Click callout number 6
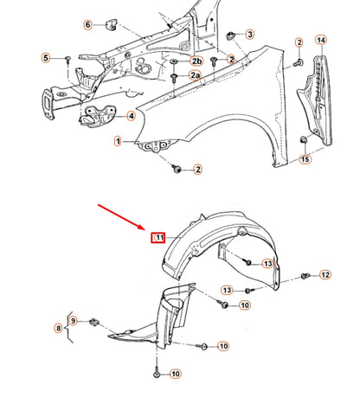point(88,25)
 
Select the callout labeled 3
point(249,35)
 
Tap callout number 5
point(46,58)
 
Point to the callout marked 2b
point(196,61)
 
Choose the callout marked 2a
point(196,77)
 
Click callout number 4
point(131,116)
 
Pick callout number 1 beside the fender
point(117,140)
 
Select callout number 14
point(320,41)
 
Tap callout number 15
point(305,159)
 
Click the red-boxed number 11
point(158,237)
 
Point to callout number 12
point(325,275)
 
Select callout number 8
point(59,329)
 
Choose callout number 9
point(74,321)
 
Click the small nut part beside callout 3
point(231,35)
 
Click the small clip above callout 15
point(304,140)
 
